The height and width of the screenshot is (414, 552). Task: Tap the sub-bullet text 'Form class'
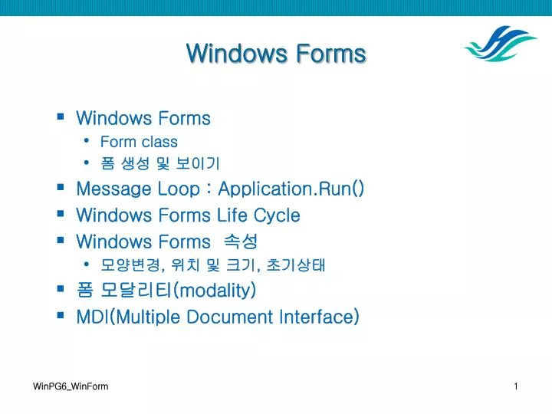[139, 142]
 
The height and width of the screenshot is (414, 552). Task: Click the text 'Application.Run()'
[291, 189]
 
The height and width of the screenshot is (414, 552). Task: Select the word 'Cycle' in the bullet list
[277, 215]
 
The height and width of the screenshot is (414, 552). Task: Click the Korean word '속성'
[241, 242]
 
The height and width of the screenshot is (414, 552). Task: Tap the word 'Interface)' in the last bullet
[320, 317]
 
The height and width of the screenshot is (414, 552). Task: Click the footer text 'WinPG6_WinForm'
[71, 386]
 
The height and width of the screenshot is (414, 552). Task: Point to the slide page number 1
[516, 386]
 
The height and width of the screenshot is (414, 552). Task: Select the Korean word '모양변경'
[127, 266]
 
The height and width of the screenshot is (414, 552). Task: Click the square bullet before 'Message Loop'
[61, 188]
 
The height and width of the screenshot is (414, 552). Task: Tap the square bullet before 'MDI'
[61, 316]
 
